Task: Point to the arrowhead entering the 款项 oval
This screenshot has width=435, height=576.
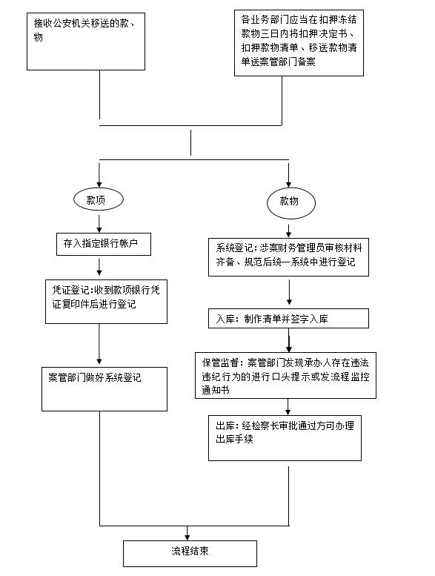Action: click(x=99, y=185)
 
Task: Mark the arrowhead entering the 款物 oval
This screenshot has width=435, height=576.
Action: click(x=288, y=185)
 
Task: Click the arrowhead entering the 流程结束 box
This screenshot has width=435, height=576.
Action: click(x=187, y=537)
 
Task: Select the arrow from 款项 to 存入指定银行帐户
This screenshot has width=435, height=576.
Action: click(x=99, y=224)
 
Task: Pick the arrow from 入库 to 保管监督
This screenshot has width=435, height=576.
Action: click(x=289, y=340)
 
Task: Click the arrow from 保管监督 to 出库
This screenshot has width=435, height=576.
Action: click(x=288, y=407)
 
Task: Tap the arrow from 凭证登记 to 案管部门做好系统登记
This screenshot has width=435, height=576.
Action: click(x=99, y=344)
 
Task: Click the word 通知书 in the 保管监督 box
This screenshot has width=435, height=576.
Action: click(x=216, y=390)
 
